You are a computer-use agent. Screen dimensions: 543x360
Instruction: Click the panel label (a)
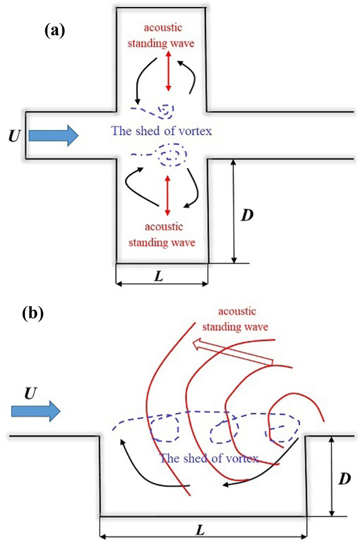(x=55, y=31)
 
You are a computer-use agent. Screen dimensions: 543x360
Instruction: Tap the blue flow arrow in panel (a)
(x=53, y=135)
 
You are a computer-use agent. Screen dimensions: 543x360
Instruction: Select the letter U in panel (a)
(x=15, y=136)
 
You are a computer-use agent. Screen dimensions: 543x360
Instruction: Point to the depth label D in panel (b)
(x=346, y=479)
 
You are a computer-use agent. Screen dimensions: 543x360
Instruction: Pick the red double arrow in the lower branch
(x=166, y=195)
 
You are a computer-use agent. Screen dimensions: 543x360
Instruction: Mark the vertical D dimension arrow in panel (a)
(x=234, y=211)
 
